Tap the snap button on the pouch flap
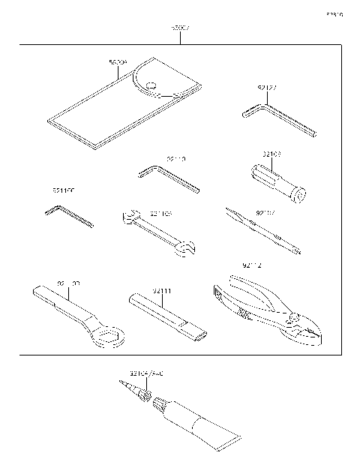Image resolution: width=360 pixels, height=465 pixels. tap(151, 85)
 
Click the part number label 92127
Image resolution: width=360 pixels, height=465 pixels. tap(267, 88)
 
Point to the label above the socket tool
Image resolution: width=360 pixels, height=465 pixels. tap(271, 154)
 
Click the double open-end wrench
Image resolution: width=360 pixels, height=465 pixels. tap(157, 233)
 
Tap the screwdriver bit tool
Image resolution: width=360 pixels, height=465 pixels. tap(262, 231)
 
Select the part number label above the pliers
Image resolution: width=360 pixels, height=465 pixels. tap(252, 265)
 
